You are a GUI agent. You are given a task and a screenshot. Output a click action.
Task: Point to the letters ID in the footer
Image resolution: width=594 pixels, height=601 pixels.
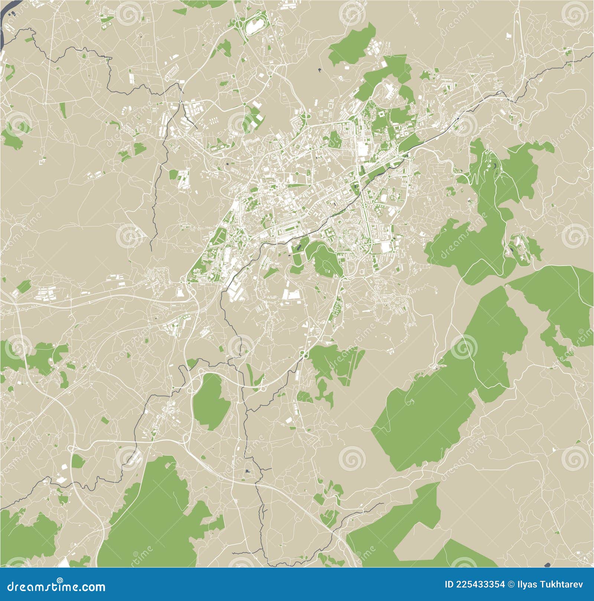pos(449,585)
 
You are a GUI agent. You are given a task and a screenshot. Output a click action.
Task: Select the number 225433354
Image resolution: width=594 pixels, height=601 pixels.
pos(480,585)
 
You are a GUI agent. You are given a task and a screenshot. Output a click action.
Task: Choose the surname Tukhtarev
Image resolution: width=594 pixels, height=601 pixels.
pos(561,585)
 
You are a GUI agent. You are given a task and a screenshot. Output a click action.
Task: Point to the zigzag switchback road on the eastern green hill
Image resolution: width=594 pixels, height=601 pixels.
pos(483,167)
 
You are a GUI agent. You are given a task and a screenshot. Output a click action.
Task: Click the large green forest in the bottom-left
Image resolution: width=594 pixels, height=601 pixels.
pos(156,519)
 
